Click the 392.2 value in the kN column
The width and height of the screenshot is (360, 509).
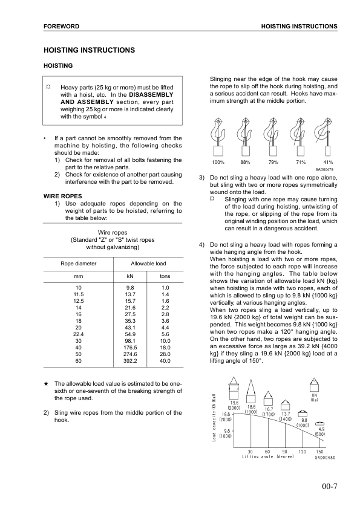[129, 361]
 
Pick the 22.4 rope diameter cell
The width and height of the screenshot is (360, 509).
[77, 334]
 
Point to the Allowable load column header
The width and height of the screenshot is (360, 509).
[148, 264]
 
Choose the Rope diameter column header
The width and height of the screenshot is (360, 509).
[77, 264]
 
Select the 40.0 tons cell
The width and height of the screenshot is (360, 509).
[165, 361]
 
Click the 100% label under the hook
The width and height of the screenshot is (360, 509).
[218, 163]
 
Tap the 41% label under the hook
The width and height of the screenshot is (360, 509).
[329, 163]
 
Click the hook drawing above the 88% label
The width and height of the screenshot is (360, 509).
[244, 136]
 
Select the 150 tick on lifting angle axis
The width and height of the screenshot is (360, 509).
[319, 451]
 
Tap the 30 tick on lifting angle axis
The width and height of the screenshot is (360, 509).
[250, 451]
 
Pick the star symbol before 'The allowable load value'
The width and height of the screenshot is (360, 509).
[47, 384]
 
